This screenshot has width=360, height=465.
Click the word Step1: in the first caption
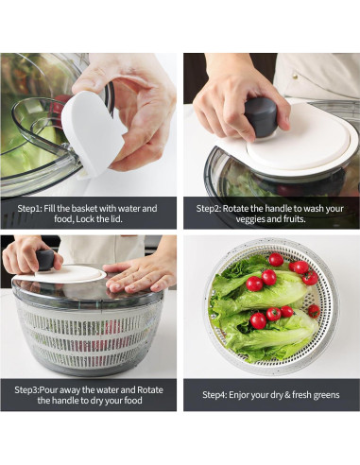click(x=31, y=208)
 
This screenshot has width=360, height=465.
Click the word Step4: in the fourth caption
click(x=216, y=394)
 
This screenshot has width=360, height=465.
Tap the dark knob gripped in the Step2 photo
click(x=262, y=114)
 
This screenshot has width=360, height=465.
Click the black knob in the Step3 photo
click(x=44, y=258)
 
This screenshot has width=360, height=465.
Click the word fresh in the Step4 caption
click(x=318, y=394)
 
